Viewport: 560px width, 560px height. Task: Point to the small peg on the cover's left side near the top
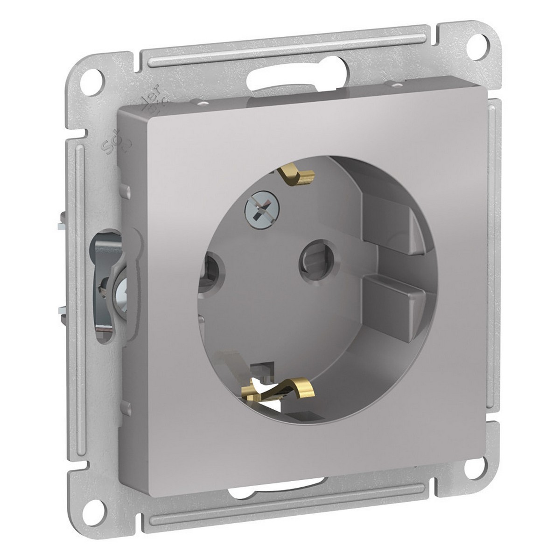(126, 190)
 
